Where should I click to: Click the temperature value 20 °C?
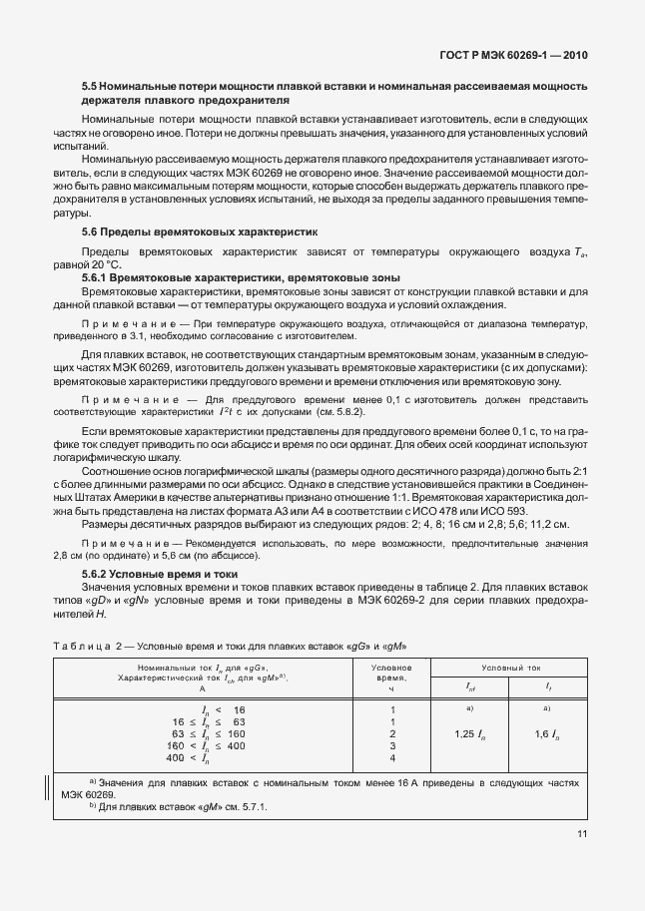click(105, 264)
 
